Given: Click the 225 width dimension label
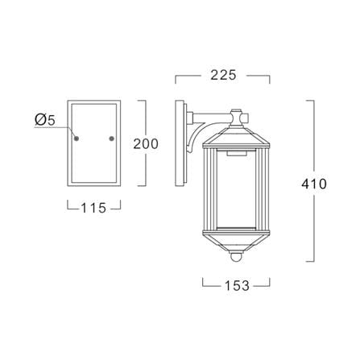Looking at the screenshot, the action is (223, 75).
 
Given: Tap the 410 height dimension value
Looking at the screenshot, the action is (314, 184).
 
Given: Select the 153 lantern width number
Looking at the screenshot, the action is (237, 286).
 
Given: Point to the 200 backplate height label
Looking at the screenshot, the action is (146, 144).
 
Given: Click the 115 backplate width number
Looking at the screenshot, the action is (93, 208).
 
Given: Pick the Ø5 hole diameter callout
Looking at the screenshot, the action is (45, 120).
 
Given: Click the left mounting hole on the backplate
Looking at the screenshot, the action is (77, 139).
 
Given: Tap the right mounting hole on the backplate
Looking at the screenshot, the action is (111, 139).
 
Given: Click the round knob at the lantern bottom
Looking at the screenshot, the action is (236, 257).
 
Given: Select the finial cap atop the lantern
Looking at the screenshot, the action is (236, 118).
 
